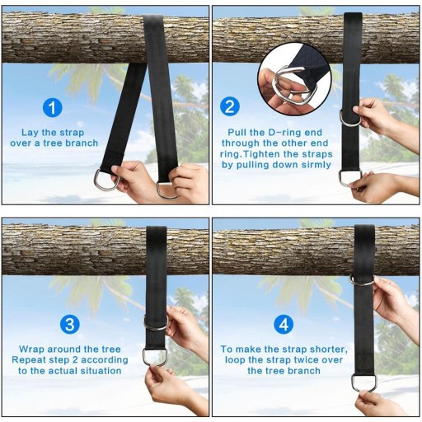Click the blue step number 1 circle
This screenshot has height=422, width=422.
(x=53, y=107)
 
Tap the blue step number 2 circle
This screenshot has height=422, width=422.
(x=230, y=107)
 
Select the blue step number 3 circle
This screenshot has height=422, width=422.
(x=70, y=325)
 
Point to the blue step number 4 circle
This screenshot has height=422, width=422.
(x=284, y=325)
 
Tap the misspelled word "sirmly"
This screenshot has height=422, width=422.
(x=316, y=165)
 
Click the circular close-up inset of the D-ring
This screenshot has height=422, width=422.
(x=294, y=79)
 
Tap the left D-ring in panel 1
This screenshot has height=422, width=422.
(x=106, y=180)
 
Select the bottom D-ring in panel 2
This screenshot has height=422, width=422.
(x=349, y=180)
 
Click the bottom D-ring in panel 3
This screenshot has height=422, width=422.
(x=154, y=357)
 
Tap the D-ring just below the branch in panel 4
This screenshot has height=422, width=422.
(x=363, y=281)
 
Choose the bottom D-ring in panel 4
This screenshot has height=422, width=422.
(x=365, y=383)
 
